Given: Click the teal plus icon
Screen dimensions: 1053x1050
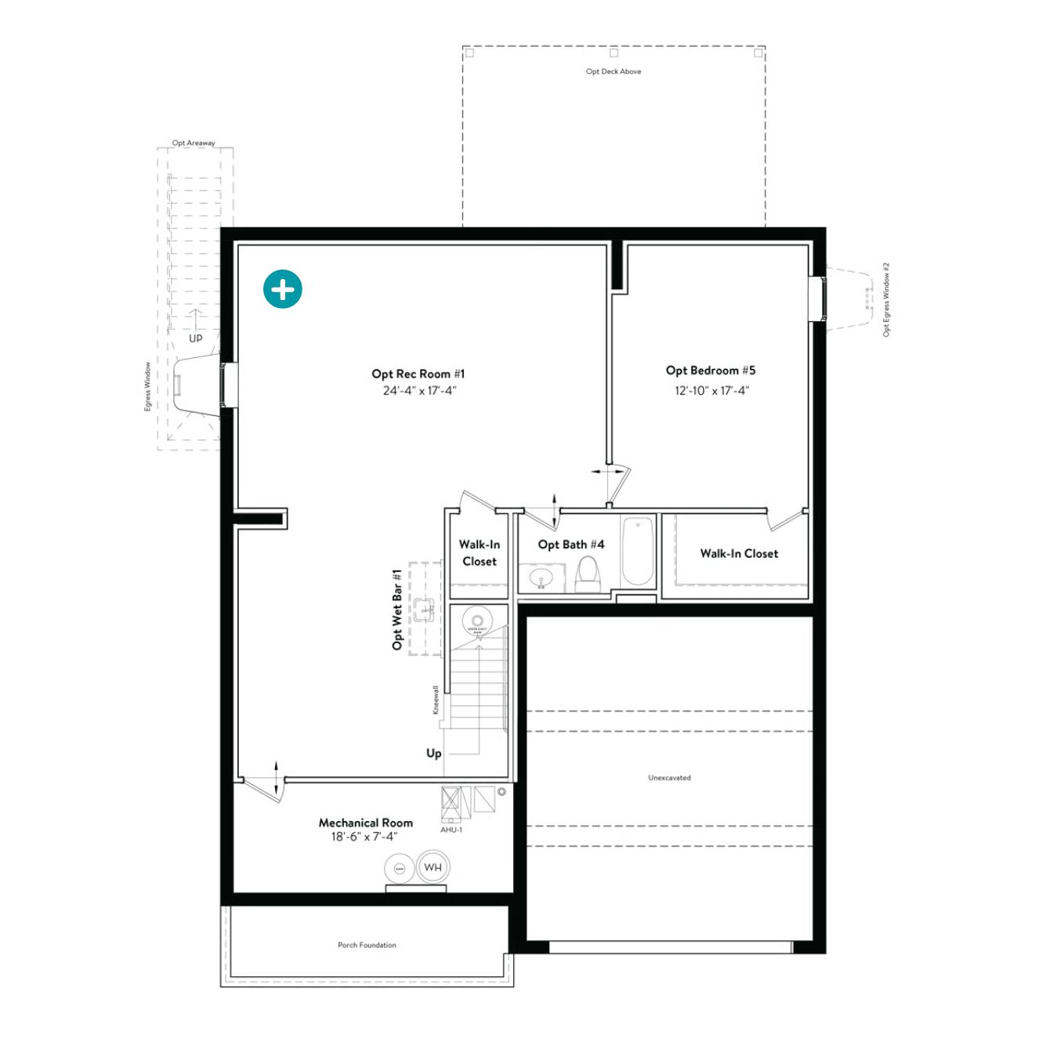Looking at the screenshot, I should [x=283, y=290].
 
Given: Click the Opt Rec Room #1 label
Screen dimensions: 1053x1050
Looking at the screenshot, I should [x=418, y=374].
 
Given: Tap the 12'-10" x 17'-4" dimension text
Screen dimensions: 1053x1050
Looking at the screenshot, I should [x=711, y=390].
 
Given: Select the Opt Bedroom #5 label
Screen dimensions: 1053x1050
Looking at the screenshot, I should [x=711, y=371].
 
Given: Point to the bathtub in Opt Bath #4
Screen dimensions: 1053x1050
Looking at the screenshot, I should [x=637, y=552].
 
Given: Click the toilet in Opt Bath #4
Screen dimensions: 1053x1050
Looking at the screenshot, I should [x=588, y=575].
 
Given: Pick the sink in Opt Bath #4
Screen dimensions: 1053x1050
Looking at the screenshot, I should [x=541, y=579].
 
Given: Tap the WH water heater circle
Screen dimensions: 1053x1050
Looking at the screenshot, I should [x=433, y=867].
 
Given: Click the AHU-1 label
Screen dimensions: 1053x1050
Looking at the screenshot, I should [x=451, y=830].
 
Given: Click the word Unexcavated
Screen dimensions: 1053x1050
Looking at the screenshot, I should [x=669, y=778].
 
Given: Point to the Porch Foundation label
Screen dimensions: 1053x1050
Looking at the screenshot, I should [x=367, y=945].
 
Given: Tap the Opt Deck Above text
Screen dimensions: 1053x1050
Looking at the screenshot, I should [x=614, y=71].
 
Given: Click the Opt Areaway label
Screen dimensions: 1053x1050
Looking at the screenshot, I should [x=194, y=143].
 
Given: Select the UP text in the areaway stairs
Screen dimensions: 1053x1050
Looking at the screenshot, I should [x=195, y=338].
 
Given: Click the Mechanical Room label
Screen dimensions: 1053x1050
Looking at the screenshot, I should [x=365, y=823].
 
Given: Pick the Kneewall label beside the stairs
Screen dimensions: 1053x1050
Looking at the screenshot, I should [x=436, y=700].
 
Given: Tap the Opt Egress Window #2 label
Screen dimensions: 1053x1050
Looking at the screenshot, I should [x=886, y=299].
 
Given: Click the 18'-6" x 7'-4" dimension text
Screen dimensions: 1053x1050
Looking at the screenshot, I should [x=364, y=837].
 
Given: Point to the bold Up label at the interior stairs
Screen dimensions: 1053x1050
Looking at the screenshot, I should [x=433, y=753].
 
